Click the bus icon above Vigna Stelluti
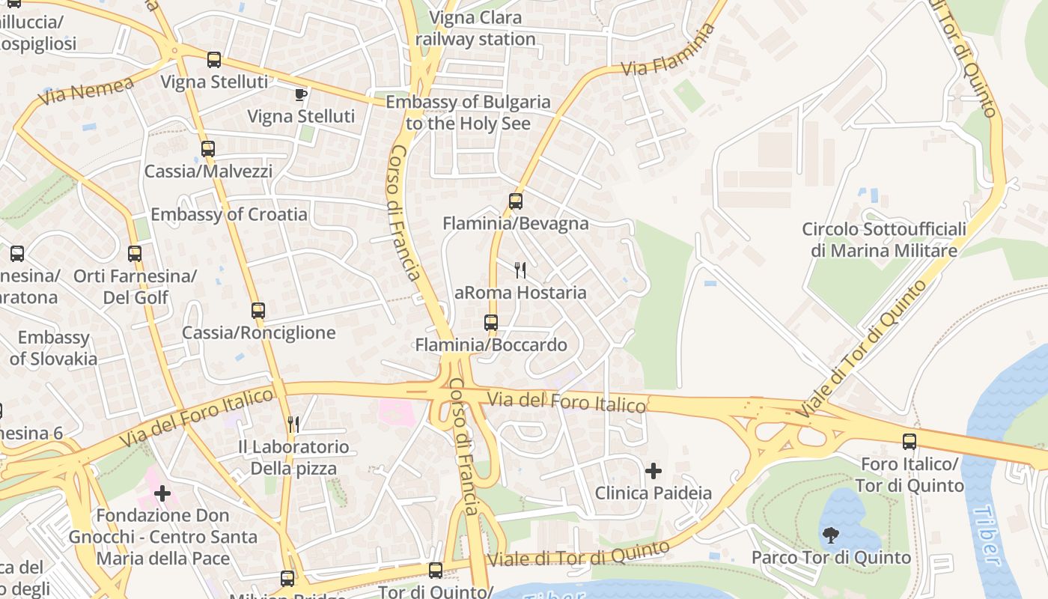pyautogui.click(x=214, y=60)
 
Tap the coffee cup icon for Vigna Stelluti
pyautogui.click(x=300, y=94)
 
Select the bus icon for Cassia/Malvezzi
pyautogui.click(x=208, y=149)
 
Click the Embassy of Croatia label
pyautogui.click(x=229, y=215)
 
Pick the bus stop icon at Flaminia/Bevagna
pyautogui.click(x=516, y=201)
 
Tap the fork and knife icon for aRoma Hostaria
pyautogui.click(x=520, y=270)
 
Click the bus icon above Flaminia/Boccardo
pyautogui.click(x=491, y=323)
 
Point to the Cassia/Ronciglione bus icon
pyautogui.click(x=258, y=310)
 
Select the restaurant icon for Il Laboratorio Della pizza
pyautogui.click(x=293, y=425)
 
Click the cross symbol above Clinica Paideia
pyautogui.click(x=654, y=471)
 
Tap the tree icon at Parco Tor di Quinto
pyautogui.click(x=830, y=535)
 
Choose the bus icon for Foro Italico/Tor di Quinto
pyautogui.click(x=910, y=442)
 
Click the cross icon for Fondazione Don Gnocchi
pyautogui.click(x=162, y=493)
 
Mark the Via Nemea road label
pyautogui.click(x=88, y=91)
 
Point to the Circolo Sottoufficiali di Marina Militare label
pyautogui.click(x=884, y=240)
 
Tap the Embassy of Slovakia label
pyautogui.click(x=53, y=348)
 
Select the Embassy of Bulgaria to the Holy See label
pyautogui.click(x=468, y=112)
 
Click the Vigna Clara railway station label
pyautogui.click(x=476, y=28)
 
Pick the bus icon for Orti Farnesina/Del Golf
pyautogui.click(x=135, y=254)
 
